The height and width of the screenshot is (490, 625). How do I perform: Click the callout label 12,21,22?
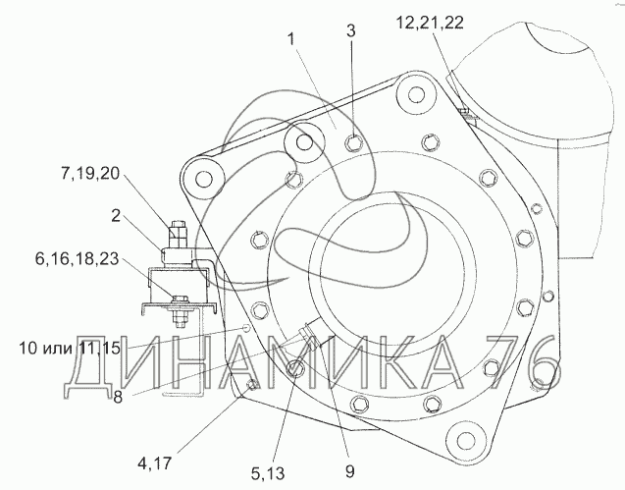coord(430,23)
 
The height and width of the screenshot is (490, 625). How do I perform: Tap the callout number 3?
coord(351,31)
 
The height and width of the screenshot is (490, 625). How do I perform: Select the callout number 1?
coord(291,39)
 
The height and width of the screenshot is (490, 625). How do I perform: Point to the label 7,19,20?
coord(90,174)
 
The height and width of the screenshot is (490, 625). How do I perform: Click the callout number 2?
coord(116,216)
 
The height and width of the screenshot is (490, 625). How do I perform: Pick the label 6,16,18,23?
coord(77,259)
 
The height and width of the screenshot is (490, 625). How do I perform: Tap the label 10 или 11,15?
coord(70,349)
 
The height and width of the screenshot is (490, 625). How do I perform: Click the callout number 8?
coord(118,397)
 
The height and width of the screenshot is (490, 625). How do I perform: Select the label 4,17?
coord(155,463)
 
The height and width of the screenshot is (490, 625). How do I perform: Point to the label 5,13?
coord(268,473)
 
